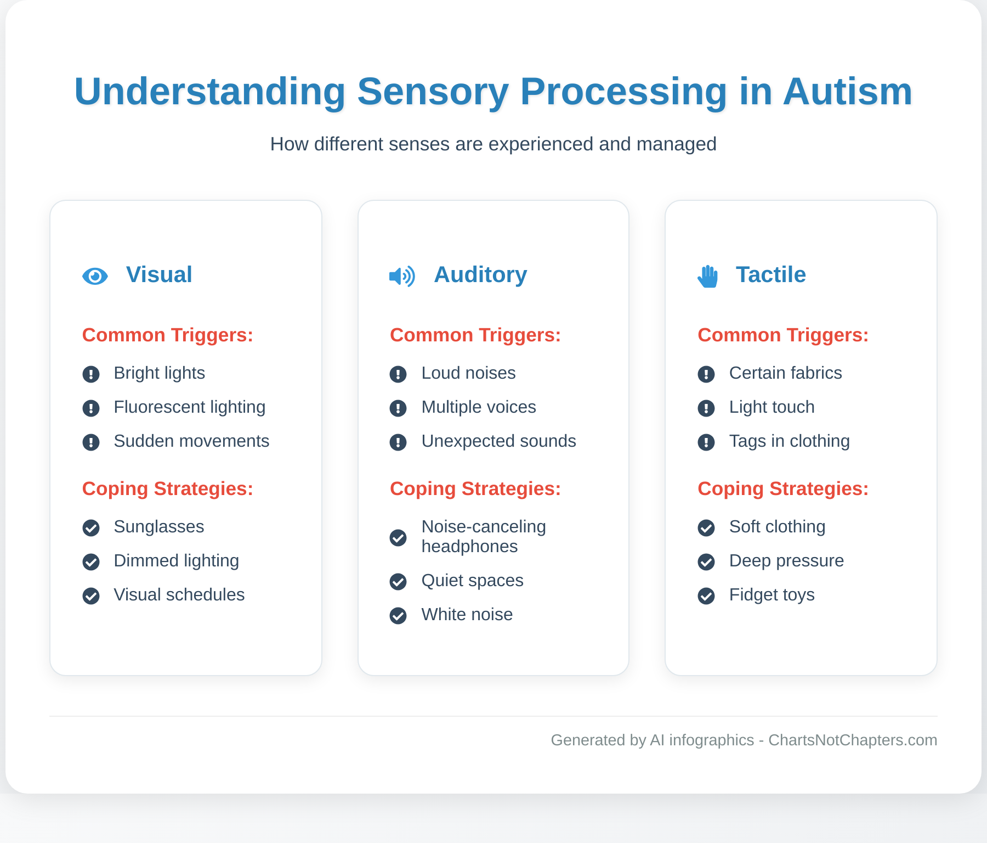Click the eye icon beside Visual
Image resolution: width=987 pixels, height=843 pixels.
pos(95,276)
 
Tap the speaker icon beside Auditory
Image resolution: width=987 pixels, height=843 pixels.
pos(402,276)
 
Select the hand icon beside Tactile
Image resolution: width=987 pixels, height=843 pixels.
pos(708,276)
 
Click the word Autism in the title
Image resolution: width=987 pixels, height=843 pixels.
pos(847,92)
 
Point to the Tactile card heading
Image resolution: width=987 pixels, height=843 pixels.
pos(770,274)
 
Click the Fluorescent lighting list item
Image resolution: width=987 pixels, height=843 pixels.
pos(189,407)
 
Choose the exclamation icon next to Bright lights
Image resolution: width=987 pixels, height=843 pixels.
pos(91,374)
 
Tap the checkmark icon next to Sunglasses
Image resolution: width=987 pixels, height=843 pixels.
pos(91,528)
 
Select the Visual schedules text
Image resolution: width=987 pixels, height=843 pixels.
pos(179,595)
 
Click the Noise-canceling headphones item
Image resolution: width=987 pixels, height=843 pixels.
pos(483,536)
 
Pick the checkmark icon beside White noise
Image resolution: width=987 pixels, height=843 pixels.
pos(398,616)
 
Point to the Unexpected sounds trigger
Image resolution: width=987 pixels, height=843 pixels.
pos(498,441)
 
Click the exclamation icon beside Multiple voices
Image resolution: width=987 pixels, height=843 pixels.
pos(398,408)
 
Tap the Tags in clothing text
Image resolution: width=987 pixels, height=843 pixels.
pos(789,441)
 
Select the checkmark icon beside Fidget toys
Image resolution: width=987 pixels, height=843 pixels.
pos(706,596)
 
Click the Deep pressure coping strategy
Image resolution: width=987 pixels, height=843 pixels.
pos(786,561)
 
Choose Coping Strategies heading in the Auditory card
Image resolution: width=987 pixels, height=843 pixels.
pos(475,488)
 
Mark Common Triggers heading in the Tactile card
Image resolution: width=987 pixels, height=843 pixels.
pos(782,335)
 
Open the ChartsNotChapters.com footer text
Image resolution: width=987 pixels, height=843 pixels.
pos(852,740)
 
